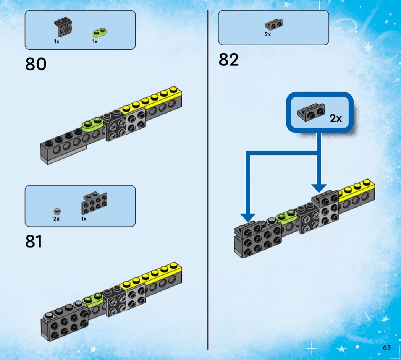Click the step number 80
tap(36, 64)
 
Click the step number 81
tap(34, 241)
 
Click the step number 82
tap(228, 60)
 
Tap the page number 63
tap(386, 347)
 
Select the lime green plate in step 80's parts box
tap(99, 32)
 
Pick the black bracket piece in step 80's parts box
tap(63, 27)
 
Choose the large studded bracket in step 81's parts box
tap(94, 203)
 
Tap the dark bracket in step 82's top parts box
tap(274, 24)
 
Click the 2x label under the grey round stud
tap(57, 219)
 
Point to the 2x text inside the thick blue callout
tap(336, 118)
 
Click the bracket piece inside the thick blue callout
tap(311, 112)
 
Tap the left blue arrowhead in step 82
tap(248, 217)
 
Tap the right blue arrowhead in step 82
tap(319, 188)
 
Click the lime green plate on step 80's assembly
tap(92, 123)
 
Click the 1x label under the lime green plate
tap(95, 41)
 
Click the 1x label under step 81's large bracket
tap(84, 219)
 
